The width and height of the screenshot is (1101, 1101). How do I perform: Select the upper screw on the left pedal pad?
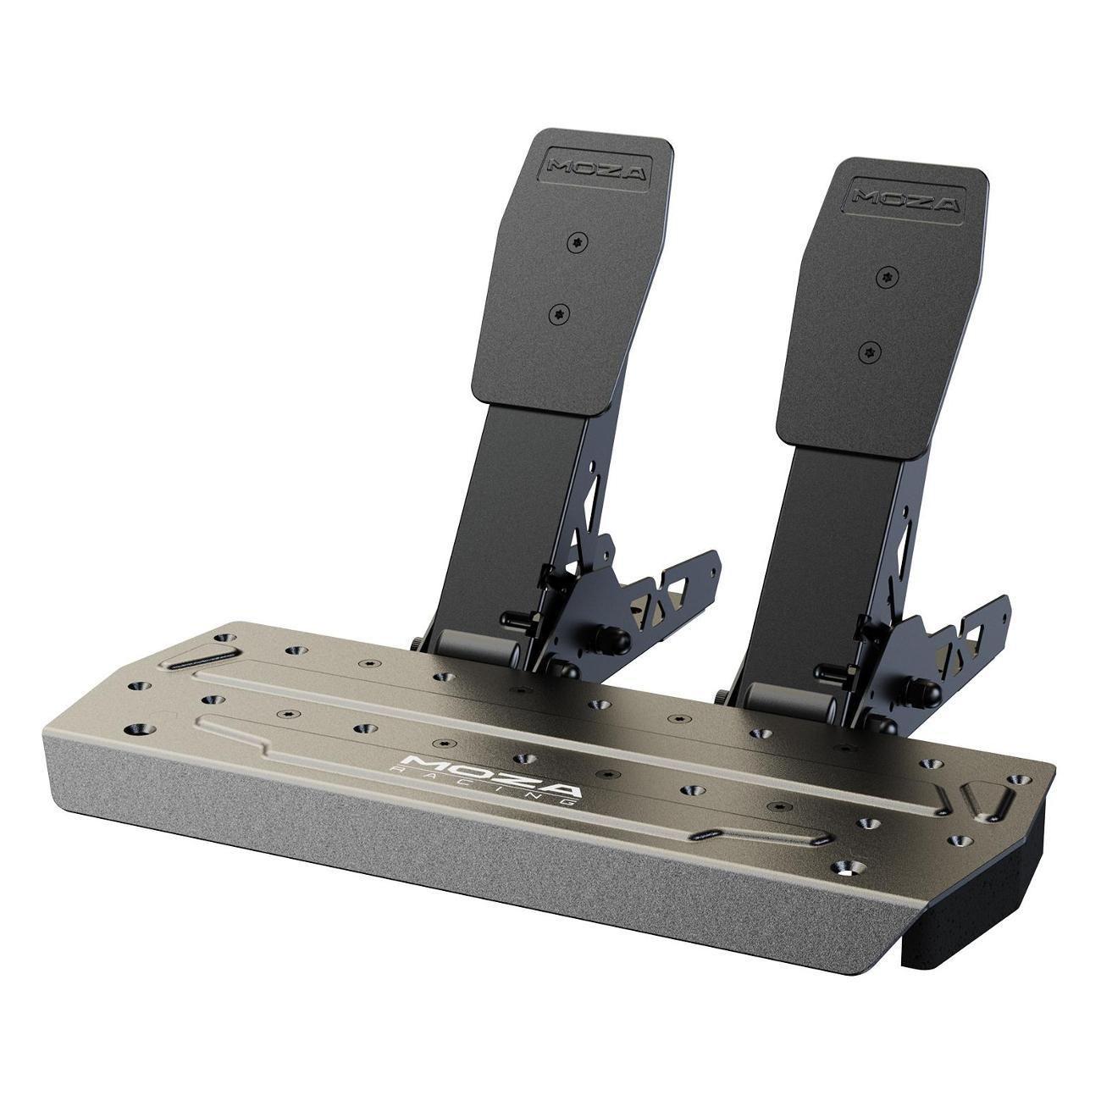pos(578,243)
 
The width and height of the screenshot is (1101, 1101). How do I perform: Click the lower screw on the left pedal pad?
pos(559,314)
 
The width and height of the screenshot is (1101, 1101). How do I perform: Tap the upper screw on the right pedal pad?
pos(888,277)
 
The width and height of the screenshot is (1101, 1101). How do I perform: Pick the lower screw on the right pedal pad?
pos(869,352)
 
